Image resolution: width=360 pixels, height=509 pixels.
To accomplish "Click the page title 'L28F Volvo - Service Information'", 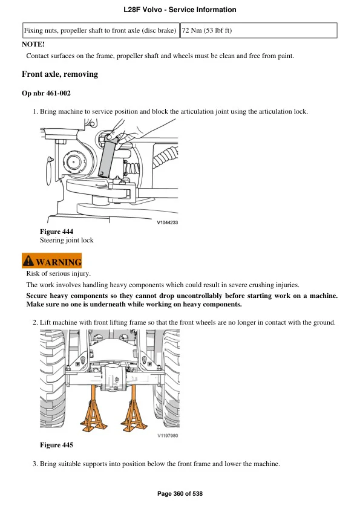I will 180,10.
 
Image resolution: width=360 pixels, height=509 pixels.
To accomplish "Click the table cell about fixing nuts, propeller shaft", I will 100,30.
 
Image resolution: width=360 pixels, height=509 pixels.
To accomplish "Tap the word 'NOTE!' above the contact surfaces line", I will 33,44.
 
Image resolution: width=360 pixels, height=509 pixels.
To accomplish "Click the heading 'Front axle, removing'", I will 59,74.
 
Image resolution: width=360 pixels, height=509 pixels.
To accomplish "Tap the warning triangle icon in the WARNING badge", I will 28,261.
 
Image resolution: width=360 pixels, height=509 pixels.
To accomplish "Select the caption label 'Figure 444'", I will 56,232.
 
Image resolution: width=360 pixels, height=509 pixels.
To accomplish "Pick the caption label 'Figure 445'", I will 56,446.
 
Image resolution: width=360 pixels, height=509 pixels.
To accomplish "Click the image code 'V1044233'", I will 167,222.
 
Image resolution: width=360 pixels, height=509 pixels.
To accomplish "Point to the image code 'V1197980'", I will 167,436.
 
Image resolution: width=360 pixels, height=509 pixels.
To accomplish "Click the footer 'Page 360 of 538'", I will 180,494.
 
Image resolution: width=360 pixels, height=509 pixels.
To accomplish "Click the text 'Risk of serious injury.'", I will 58,274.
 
